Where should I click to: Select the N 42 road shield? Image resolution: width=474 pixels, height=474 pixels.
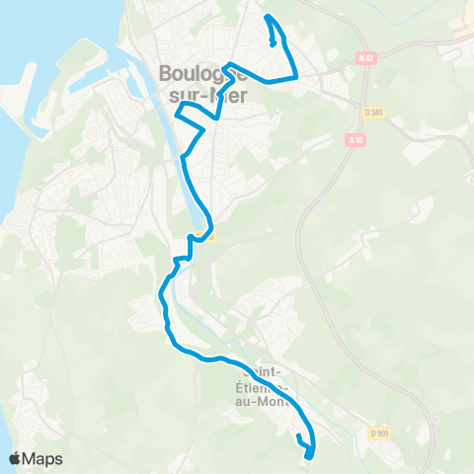(366, 58)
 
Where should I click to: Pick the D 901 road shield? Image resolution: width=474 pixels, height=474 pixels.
(381, 433)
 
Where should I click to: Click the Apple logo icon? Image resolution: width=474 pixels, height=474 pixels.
(15, 458)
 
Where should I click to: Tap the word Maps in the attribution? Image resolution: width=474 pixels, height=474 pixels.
(42, 458)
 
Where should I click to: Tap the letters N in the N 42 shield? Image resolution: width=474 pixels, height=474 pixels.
(362, 58)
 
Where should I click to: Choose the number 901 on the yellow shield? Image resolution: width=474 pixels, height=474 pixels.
(384, 433)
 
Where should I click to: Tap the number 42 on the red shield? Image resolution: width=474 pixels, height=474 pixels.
(369, 58)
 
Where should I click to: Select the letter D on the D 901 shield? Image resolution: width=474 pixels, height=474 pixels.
(375, 433)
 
